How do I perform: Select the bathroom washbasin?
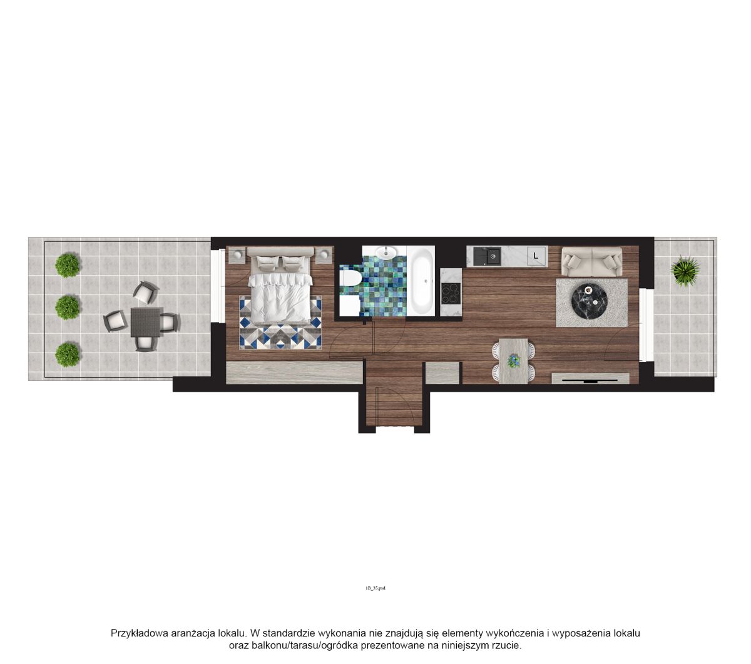[x=386, y=252]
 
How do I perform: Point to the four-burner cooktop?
[x=451, y=293]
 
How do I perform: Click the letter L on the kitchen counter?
[x=536, y=256]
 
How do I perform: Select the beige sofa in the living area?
[x=591, y=262]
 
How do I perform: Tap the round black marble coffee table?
[x=590, y=302]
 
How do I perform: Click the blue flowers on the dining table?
[x=513, y=360]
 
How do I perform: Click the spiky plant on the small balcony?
[x=685, y=271]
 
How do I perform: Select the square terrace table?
[x=146, y=322]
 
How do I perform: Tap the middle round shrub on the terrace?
[x=68, y=308]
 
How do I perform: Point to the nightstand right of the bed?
[x=324, y=254]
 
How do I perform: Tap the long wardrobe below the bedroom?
[x=294, y=373]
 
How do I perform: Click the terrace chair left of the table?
[x=116, y=321]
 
